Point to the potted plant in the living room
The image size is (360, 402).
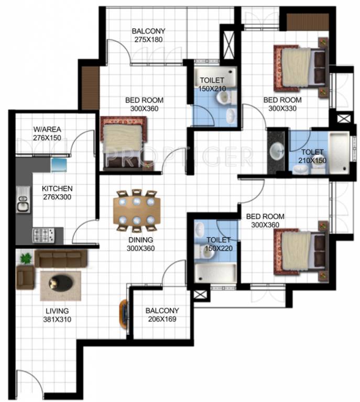pos(25,257)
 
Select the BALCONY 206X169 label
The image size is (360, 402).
pos(162,314)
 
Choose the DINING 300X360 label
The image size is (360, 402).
pos(140,244)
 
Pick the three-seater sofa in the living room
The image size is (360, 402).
pos(60,257)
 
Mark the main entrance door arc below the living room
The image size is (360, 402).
pos(26,382)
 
